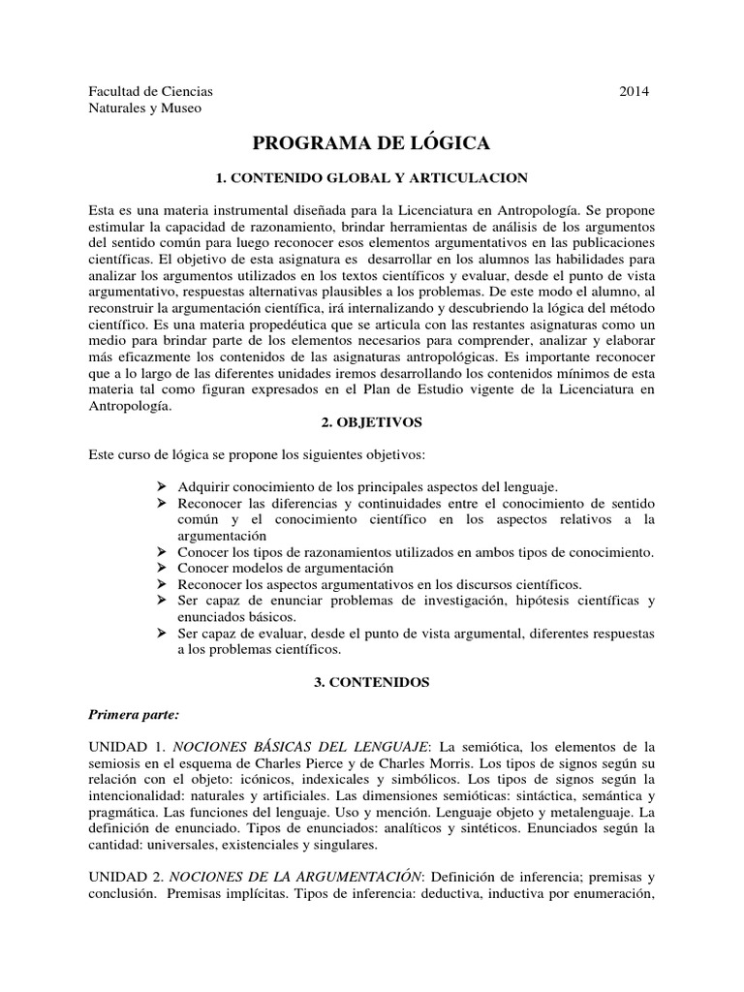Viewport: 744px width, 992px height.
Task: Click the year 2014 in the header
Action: click(634, 91)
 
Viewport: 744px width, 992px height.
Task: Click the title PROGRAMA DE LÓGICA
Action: click(372, 143)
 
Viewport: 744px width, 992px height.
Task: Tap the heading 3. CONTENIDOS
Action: click(372, 682)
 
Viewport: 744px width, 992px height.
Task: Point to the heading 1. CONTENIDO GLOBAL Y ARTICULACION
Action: click(371, 178)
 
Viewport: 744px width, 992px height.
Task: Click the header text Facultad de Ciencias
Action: click(150, 91)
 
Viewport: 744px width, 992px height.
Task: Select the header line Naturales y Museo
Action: click(145, 108)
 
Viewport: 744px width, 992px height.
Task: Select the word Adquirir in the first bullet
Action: click(201, 486)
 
